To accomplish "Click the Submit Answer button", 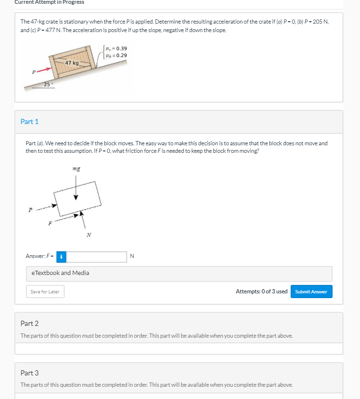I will coord(311,291).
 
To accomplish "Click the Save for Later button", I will coord(45,291).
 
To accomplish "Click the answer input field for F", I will coord(97,257).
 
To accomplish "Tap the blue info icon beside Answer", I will coord(61,257).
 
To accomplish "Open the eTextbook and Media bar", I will coord(179,273).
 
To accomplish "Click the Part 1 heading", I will coord(30,122).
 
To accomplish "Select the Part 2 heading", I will coord(30,324).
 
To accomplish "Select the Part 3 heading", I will coord(30,373).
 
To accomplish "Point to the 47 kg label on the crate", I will coord(72,63).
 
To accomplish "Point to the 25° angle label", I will coord(48,84).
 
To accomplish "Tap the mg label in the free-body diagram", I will coord(76,167).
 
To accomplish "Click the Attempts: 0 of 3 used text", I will coord(261,291).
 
